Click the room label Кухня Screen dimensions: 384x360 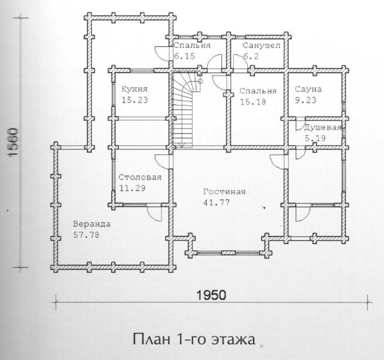click(x=134, y=89)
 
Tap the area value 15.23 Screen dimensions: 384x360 click(x=134, y=100)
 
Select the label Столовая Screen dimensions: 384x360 click(x=140, y=177)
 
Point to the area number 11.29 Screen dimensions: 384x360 click(x=132, y=188)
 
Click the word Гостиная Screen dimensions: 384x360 click(x=224, y=191)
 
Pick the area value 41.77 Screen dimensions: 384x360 click(x=217, y=203)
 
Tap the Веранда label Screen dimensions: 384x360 click(x=92, y=224)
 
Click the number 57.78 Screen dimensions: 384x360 click(x=86, y=235)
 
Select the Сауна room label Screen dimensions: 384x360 click(x=308, y=89)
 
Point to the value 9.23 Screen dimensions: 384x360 click(x=305, y=100)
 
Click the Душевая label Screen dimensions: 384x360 click(x=323, y=128)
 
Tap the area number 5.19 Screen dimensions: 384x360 click(x=315, y=139)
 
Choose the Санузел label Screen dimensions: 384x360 click(x=262, y=46)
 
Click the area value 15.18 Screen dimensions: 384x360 click(x=253, y=101)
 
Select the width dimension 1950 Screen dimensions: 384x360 click(x=211, y=295)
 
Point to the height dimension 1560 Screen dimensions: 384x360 click(x=13, y=142)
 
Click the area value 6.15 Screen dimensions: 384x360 click(x=184, y=56)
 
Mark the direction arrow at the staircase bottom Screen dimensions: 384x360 click(x=181, y=144)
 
